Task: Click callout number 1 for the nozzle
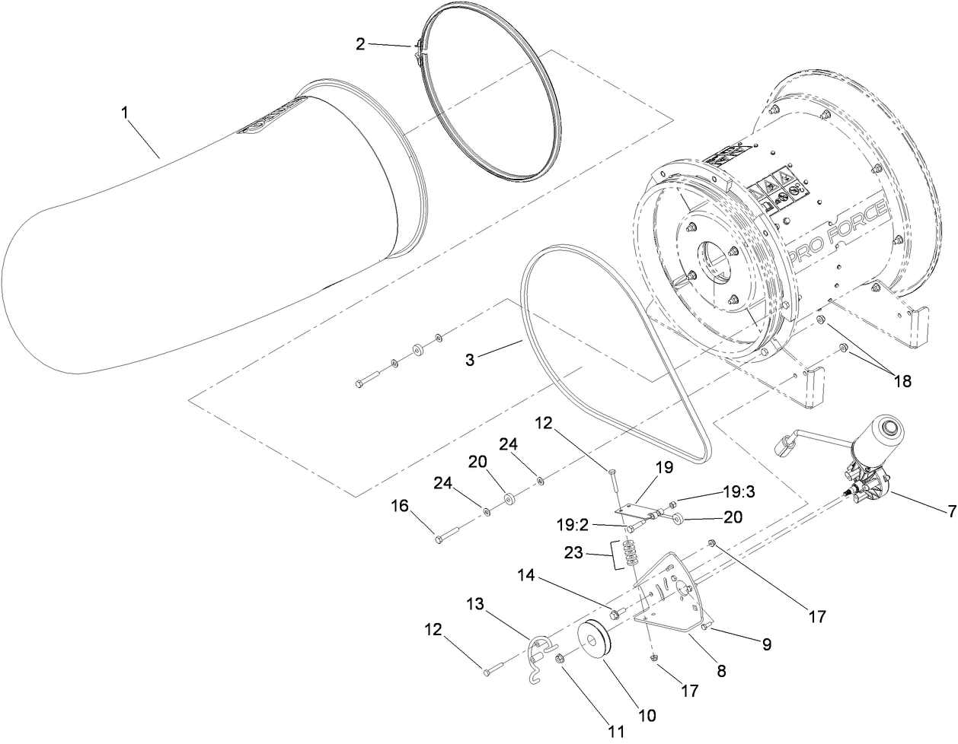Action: coord(126,113)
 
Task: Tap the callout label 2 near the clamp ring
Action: coord(360,43)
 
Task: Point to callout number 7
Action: coord(951,512)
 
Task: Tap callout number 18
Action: coord(902,381)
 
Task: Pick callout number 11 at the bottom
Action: coord(618,731)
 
